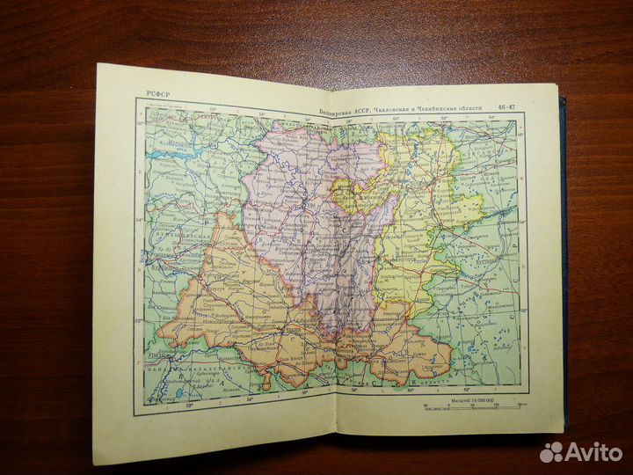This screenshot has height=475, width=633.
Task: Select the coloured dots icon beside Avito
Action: [x=551, y=451]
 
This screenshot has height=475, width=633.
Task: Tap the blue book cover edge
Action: [x=562, y=264]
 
